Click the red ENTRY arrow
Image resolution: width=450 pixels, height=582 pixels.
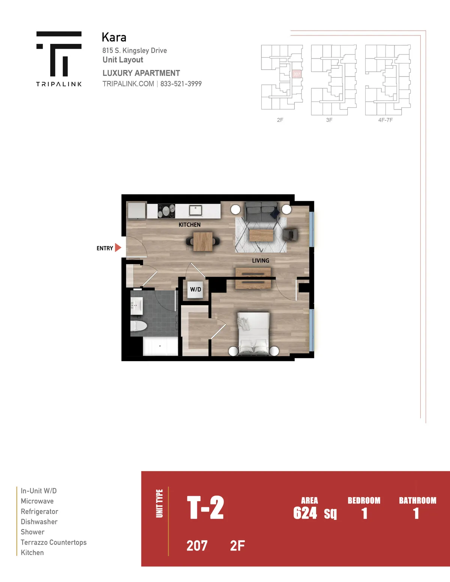point(118,248)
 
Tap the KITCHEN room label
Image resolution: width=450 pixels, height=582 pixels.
point(189,225)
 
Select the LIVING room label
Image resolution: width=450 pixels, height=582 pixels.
point(261,261)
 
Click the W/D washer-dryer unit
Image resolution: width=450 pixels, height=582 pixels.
point(195,289)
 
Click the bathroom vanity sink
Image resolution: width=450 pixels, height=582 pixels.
point(136,305)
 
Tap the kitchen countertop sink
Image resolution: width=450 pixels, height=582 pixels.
point(195,210)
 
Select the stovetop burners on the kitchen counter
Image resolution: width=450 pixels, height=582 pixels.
point(166,211)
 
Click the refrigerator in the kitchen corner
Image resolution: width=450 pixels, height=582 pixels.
point(136,210)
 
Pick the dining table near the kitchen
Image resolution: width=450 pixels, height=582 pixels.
point(203,241)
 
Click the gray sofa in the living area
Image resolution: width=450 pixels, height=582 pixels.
point(261,211)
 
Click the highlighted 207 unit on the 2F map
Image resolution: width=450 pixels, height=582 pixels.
point(297,74)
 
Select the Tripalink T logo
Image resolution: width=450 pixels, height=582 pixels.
point(59,54)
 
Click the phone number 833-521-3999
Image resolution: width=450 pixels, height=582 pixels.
point(181,84)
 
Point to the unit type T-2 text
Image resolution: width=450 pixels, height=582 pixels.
point(205,507)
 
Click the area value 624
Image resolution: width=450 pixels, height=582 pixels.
point(305,513)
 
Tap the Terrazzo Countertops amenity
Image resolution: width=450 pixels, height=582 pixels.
point(54,542)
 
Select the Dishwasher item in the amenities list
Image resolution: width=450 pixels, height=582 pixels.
point(39,522)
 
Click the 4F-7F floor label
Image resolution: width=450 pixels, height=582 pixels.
point(385,120)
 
